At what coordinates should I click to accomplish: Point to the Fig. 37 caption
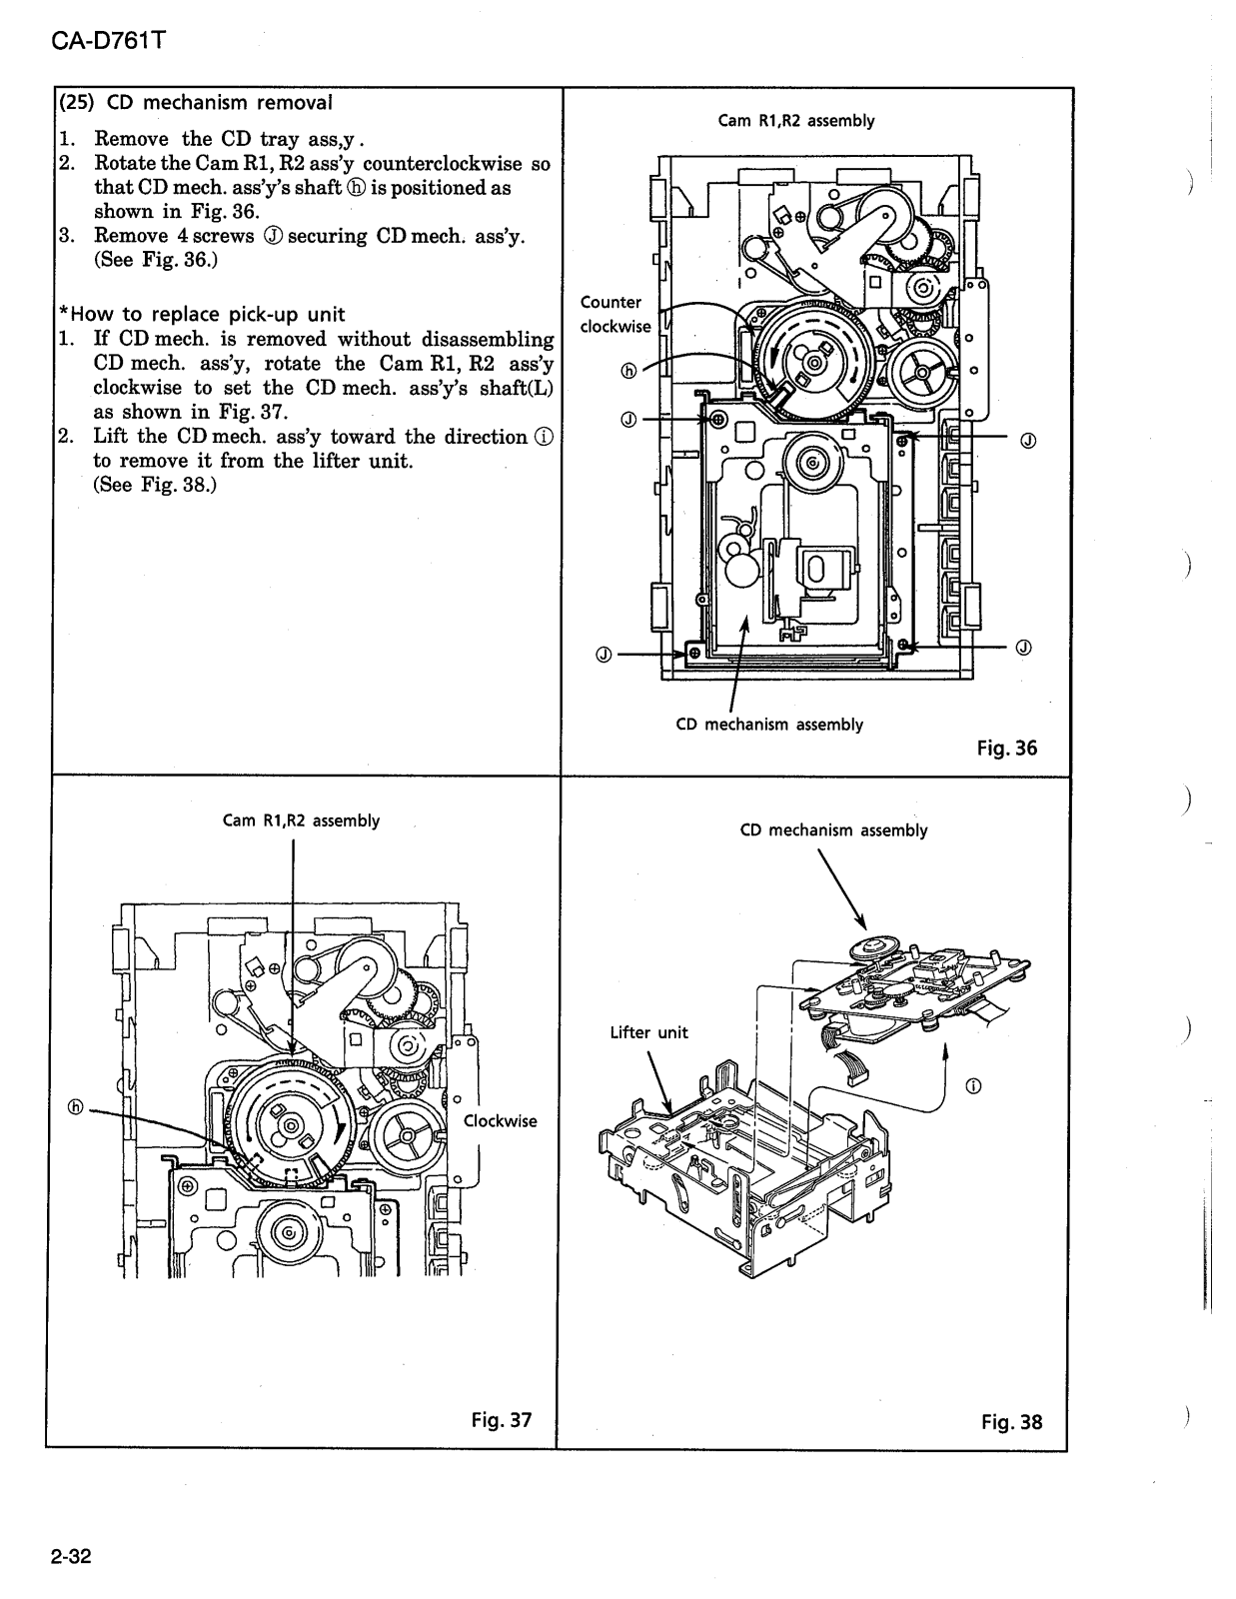click(x=502, y=1419)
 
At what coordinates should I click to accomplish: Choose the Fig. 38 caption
click(x=1011, y=1420)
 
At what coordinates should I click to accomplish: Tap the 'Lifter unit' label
click(x=648, y=1032)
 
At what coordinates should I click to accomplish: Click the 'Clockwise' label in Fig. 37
click(x=500, y=1120)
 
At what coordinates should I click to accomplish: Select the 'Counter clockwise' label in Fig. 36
click(x=614, y=314)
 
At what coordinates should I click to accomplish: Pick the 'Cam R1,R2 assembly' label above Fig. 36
click(x=795, y=121)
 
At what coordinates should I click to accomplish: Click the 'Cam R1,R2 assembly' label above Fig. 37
click(x=301, y=820)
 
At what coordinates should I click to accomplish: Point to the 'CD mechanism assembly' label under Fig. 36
click(x=768, y=724)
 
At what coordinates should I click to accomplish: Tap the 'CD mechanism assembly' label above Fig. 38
click(x=833, y=829)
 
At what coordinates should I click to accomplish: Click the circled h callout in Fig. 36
click(x=628, y=370)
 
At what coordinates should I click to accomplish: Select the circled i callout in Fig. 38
click(x=974, y=1086)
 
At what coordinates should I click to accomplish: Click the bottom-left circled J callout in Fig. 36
click(x=603, y=655)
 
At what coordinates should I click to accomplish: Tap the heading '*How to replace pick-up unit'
click(x=202, y=314)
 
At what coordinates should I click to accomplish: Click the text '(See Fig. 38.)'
click(x=155, y=485)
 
